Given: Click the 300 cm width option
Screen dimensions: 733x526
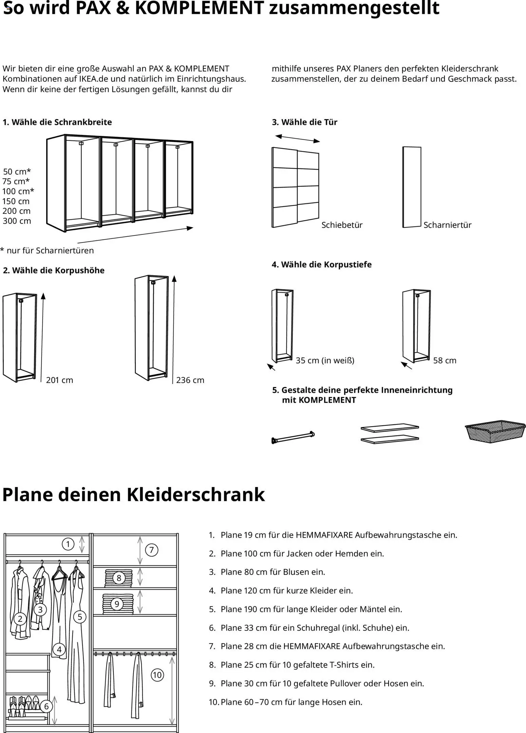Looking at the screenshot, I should [17, 221].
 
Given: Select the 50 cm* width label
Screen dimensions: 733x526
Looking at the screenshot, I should [17, 171].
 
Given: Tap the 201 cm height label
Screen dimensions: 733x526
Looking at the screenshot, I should [59, 380].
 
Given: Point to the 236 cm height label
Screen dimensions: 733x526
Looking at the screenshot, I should [190, 380].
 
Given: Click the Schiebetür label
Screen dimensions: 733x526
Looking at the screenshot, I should [342, 225].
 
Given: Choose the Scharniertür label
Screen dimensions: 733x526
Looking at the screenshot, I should [447, 225].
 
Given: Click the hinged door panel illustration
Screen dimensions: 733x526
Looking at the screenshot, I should [412, 187].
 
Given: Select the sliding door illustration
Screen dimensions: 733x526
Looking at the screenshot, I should [295, 188].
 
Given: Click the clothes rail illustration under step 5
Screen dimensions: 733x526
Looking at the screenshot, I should [293, 437].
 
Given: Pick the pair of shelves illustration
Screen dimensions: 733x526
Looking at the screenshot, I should [389, 433].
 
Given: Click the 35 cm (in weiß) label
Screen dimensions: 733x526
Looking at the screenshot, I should [325, 360].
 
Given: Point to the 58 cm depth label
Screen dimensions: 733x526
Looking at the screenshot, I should [445, 360].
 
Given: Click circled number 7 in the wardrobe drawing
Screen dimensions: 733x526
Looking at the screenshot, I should [152, 550].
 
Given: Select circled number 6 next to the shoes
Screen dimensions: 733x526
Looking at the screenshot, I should [46, 707].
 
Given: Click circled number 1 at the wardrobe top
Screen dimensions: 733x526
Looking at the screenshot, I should [68, 544].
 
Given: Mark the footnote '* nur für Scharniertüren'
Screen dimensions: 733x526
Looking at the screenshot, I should [47, 250].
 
